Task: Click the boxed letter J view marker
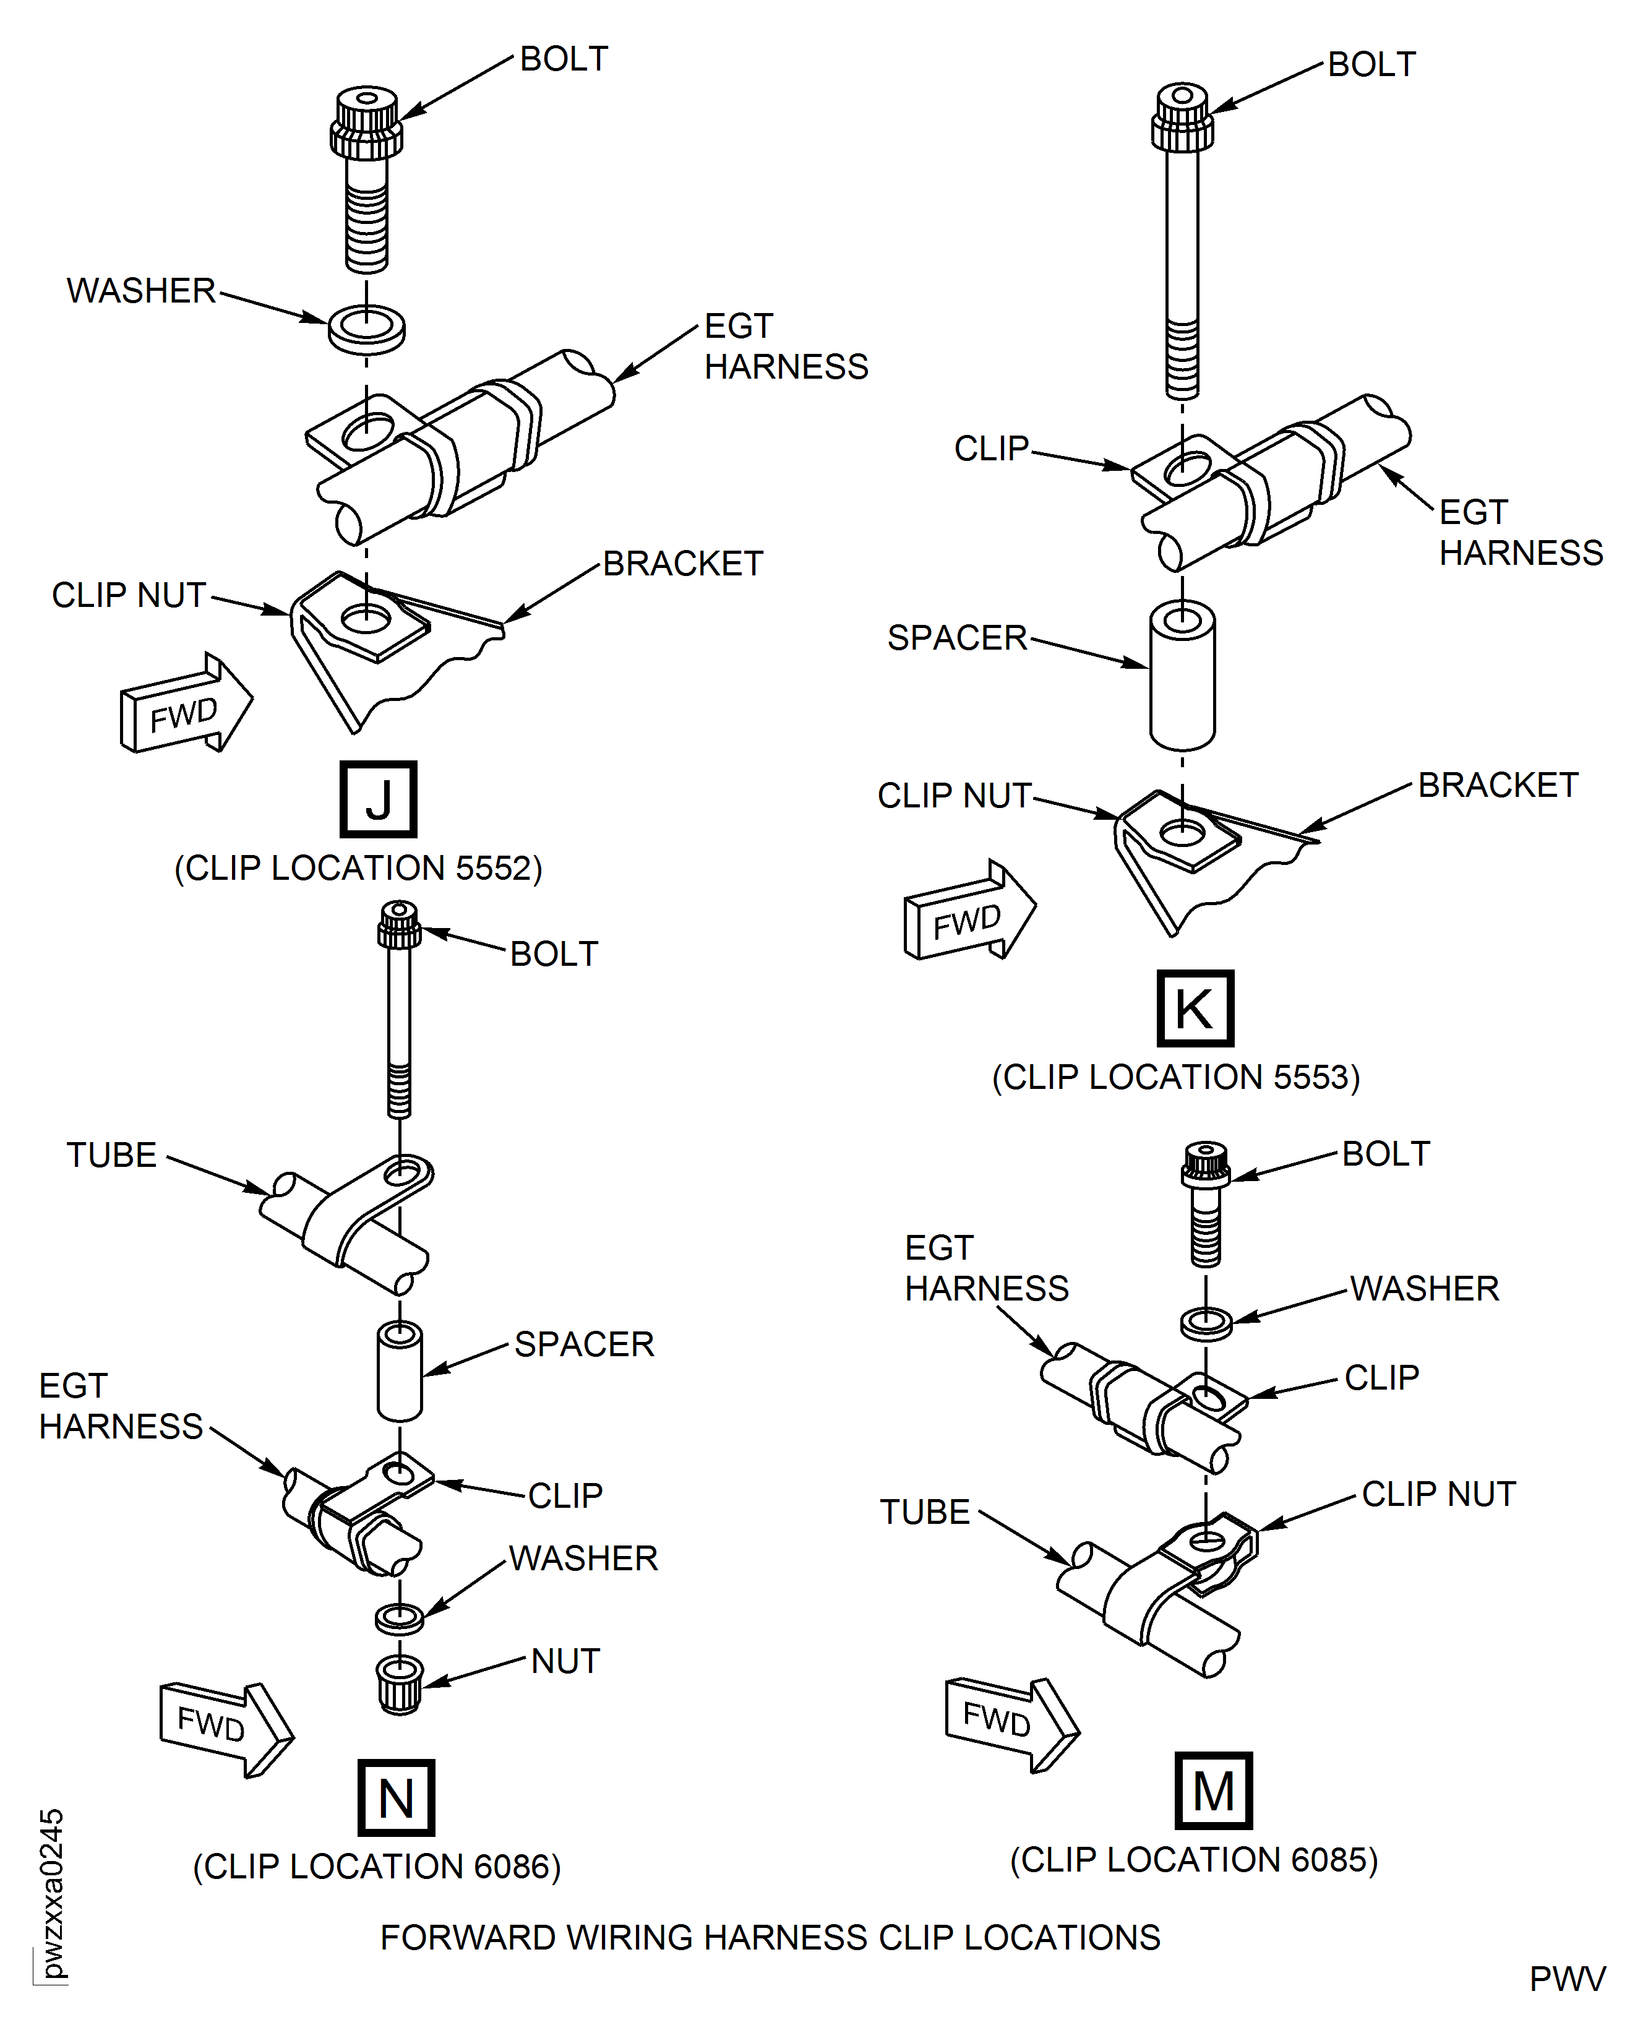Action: pos(378,799)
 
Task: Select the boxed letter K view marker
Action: pos(1194,1008)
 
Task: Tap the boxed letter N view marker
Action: pos(395,1798)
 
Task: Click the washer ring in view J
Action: pos(366,329)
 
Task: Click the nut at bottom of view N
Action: pos(400,1685)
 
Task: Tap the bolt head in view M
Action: pos(1206,1164)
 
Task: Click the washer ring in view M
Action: pos(1206,1322)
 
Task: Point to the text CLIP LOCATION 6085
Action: pos(1193,1860)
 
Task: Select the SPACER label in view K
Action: pos(957,638)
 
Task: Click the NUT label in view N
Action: pos(565,1661)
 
